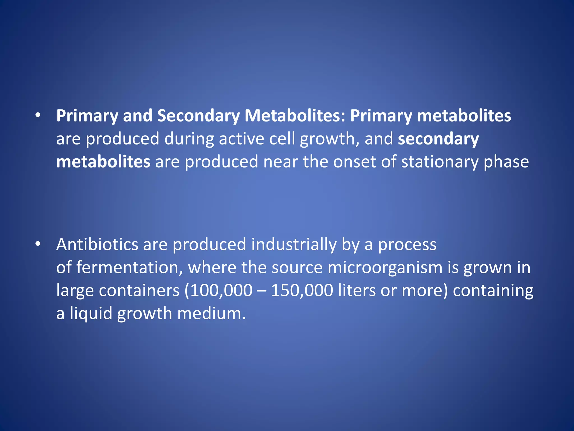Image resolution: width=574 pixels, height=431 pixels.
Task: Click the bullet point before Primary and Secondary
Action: click(x=38, y=115)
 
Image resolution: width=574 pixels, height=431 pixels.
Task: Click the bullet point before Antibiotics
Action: click(x=38, y=244)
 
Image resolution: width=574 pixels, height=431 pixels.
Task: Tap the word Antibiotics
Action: click(x=97, y=244)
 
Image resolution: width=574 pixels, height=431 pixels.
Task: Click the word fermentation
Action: click(x=129, y=267)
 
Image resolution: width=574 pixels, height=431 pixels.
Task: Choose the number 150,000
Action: click(x=302, y=290)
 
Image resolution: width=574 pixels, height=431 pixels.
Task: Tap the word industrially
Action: click(x=294, y=245)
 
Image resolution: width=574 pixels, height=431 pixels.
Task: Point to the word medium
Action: click(x=211, y=313)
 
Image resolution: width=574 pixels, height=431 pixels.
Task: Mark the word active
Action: click(x=241, y=139)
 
